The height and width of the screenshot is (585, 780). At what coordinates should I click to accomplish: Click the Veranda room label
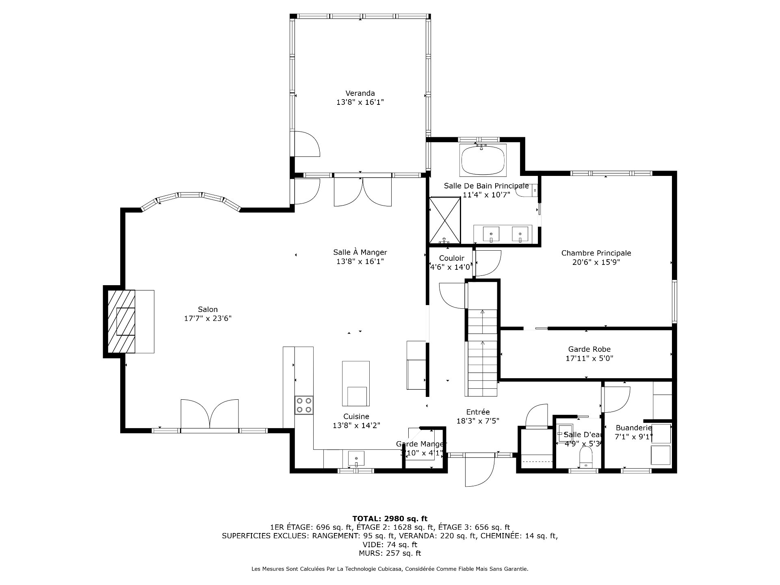click(360, 93)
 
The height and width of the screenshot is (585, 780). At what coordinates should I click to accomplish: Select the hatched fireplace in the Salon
click(121, 321)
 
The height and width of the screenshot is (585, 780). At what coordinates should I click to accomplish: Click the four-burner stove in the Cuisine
click(304, 405)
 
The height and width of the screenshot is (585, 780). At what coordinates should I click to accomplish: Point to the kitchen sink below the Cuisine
click(356, 459)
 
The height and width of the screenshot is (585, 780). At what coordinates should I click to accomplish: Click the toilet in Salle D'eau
click(586, 457)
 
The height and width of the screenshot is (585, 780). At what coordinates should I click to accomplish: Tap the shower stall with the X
click(445, 219)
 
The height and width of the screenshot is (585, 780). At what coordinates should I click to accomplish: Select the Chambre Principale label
click(596, 253)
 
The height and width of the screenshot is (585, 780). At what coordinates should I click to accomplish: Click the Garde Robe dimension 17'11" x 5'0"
click(589, 358)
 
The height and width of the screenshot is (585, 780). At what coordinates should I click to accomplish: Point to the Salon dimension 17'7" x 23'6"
click(208, 318)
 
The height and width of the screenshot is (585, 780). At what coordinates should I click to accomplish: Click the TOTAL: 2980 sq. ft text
click(390, 518)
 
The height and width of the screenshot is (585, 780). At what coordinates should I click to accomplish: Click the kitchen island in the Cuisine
click(356, 383)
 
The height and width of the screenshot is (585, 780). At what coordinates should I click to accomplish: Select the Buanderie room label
click(634, 428)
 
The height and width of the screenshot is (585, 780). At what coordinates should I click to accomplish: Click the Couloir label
click(451, 258)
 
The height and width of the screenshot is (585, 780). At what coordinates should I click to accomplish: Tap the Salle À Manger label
click(360, 252)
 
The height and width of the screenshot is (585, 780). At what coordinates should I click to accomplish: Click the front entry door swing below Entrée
click(480, 470)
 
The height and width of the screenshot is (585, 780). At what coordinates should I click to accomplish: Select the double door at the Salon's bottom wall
click(210, 414)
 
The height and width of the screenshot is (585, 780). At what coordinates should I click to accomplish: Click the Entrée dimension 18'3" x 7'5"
click(477, 421)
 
